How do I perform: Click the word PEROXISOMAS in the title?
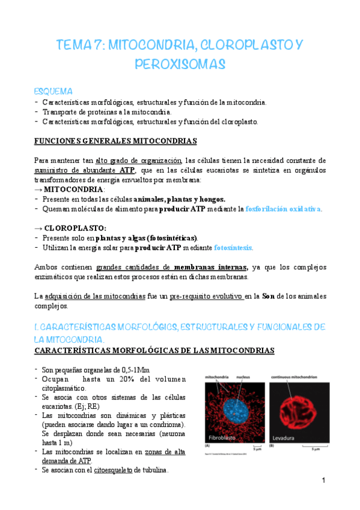pos(180,63)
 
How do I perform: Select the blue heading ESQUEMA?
pos(53,91)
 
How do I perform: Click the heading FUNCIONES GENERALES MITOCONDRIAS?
pos(115,141)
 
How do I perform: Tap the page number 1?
pos(323,481)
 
